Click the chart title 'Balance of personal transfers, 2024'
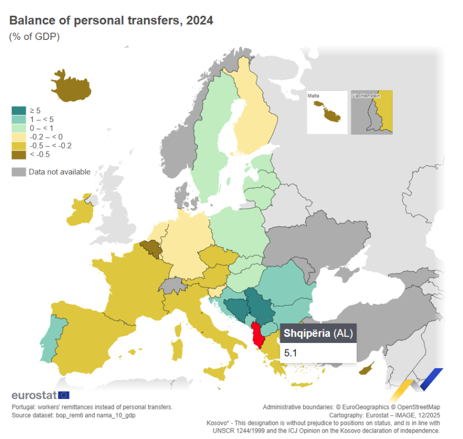click(111, 21)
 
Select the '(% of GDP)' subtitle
click(34, 37)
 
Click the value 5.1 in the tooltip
click(291, 353)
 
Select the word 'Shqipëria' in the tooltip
click(307, 333)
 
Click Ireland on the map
click(81, 211)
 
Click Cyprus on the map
click(367, 369)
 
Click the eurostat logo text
click(34, 395)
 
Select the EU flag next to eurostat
click(63, 395)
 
